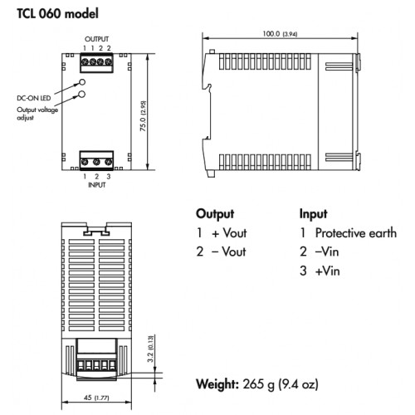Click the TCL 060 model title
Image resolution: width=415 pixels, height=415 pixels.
point(57,13)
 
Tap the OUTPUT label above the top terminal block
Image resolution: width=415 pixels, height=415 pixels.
point(96,39)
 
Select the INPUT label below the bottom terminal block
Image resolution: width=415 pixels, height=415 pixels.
point(97,185)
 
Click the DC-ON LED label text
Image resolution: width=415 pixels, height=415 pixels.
point(34,98)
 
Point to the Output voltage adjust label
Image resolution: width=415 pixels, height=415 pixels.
point(37,114)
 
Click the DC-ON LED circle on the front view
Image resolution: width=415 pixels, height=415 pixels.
point(82,82)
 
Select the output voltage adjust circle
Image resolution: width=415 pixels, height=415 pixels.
point(81,95)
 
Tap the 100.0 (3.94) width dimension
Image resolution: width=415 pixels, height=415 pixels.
point(280,34)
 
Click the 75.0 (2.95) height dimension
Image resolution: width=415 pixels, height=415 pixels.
point(143,115)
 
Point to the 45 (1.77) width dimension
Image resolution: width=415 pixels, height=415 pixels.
point(96,398)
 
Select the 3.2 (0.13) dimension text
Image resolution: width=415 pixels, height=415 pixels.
point(150,349)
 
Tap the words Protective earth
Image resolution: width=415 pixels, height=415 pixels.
point(356,233)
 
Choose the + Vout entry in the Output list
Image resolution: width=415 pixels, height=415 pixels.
point(229,233)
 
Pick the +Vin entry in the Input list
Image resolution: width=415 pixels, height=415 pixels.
point(328,271)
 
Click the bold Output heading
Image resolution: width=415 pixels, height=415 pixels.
point(215,214)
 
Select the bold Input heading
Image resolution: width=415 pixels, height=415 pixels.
point(313,214)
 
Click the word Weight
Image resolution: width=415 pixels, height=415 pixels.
point(217,384)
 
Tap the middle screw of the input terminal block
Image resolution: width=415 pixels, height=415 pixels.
point(96,162)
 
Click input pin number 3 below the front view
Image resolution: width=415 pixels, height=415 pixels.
point(109,176)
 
